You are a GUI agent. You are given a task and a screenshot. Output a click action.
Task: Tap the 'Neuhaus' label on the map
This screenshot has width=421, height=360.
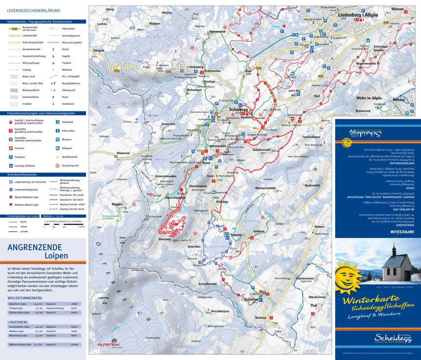(261, 317)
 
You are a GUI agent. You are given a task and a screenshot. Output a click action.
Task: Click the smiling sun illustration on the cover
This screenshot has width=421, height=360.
(350, 277)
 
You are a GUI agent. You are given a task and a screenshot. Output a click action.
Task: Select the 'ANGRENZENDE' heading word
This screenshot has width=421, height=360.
(34, 247)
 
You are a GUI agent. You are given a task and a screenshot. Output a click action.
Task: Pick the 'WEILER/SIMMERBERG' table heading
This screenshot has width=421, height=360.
(25, 297)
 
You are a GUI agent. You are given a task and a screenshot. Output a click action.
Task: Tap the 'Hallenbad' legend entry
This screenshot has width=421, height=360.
(68, 122)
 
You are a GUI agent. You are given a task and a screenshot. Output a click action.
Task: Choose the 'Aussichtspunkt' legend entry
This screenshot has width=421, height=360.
(71, 166)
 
